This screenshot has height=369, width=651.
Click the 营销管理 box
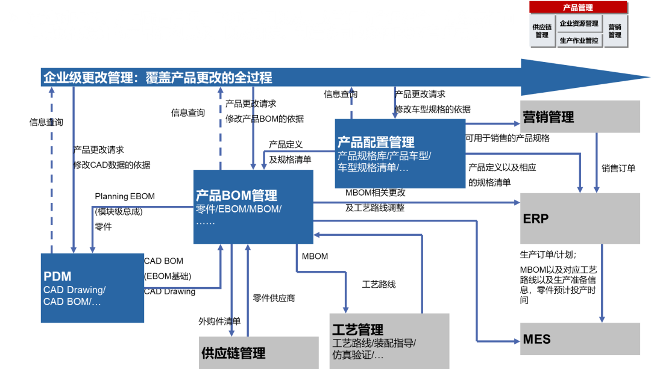pyautogui.click(x=579, y=117)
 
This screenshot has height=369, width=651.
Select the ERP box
pyautogui.click(x=579, y=218)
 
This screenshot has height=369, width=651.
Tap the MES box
pyautogui.click(x=579, y=339)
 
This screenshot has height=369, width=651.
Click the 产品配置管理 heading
pyautogui.click(x=376, y=143)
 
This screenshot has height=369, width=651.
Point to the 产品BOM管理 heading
pyautogui.click(x=236, y=196)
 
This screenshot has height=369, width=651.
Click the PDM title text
pyautogui.click(x=57, y=276)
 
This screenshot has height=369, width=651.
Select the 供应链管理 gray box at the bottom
pyautogui.click(x=258, y=353)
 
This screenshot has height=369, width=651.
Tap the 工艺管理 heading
pyautogui.click(x=357, y=330)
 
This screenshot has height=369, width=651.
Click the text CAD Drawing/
pyautogui.click(x=74, y=290)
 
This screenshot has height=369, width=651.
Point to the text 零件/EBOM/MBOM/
pyautogui.click(x=239, y=209)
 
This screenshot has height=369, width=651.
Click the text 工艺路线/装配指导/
pyautogui.click(x=374, y=343)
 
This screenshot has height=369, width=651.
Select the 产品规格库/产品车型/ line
pyautogui.click(x=384, y=156)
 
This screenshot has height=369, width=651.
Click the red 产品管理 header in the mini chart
pyautogui.click(x=577, y=8)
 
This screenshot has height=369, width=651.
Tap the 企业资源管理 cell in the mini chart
pyautogui.click(x=579, y=24)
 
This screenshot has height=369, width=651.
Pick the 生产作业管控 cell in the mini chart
pyautogui.click(x=579, y=40)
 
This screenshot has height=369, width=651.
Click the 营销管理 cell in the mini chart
pyautogui.click(x=615, y=31)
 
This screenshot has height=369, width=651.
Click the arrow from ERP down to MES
pyautogui.click(x=601, y=283)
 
